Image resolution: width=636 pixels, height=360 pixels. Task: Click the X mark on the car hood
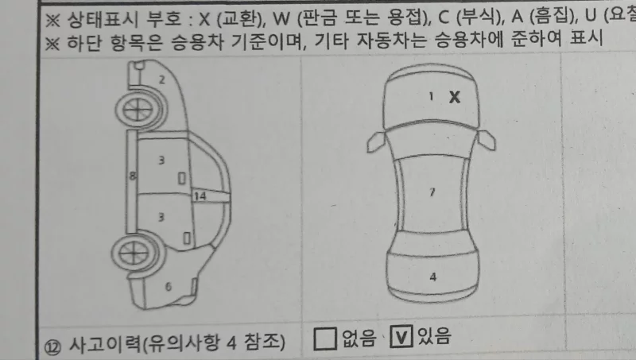pyautogui.click(x=455, y=97)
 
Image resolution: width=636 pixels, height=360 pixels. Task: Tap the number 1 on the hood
pyautogui.click(x=431, y=96)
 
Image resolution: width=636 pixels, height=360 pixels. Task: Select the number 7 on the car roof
pyautogui.click(x=432, y=192)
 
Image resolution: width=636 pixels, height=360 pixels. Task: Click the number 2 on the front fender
pyautogui.click(x=161, y=79)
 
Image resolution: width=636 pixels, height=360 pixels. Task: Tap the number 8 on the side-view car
pyautogui.click(x=133, y=174)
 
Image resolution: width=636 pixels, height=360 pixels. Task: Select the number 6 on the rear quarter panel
pyautogui.click(x=168, y=287)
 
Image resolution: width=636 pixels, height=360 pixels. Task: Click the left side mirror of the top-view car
pyautogui.click(x=374, y=142)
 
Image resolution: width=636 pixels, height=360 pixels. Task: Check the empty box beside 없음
pyautogui.click(x=324, y=339)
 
